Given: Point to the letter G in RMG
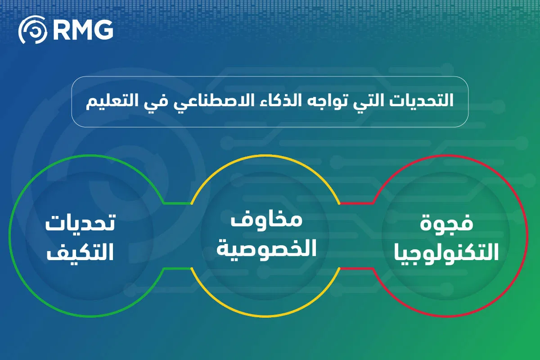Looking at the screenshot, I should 103,31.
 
